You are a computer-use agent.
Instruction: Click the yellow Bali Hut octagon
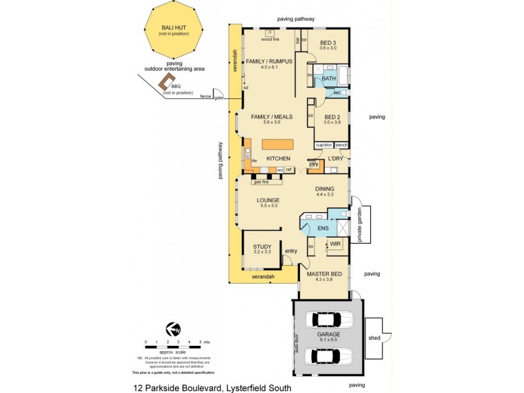174,31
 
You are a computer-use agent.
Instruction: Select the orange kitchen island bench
277,144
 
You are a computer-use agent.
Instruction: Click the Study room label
262,247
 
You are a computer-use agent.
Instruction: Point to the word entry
291,250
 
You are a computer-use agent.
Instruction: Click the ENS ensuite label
323,228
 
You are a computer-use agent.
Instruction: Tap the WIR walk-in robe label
335,244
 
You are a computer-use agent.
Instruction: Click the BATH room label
328,79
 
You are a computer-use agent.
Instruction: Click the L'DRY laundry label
335,159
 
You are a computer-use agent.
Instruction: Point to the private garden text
360,225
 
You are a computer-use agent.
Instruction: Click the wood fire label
271,39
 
